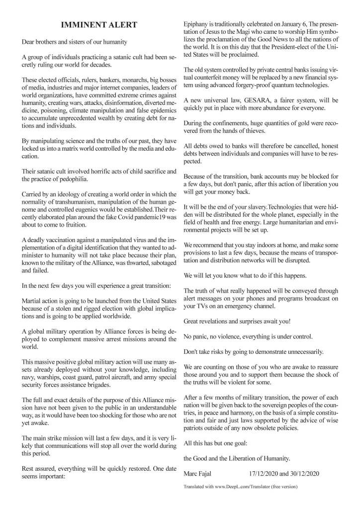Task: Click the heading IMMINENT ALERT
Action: pos(99,25)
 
